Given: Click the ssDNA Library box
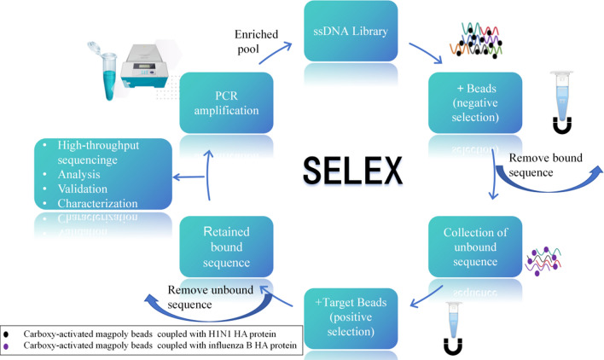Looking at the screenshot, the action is [351, 31].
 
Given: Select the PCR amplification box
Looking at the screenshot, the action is [227, 103].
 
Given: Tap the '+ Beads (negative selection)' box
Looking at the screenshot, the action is [475, 103].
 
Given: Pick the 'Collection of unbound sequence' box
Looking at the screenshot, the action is [475, 247].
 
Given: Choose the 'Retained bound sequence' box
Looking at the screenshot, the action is [227, 247].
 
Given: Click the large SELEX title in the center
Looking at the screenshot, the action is [352, 171].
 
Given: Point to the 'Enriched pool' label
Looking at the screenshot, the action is [256, 42].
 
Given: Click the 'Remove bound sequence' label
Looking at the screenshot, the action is [545, 165].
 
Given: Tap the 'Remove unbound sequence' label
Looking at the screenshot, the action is [211, 297].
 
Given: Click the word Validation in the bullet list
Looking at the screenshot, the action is [83, 189].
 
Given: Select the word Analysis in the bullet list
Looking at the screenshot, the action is [78, 174].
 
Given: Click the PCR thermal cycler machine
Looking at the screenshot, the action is [145, 66].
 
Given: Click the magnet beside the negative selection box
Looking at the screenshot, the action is [562, 125].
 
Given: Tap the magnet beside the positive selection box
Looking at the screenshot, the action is [453, 345].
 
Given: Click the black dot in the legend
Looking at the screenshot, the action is [6, 334].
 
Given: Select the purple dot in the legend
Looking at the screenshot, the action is [6, 346].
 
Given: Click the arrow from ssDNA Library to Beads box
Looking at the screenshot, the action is [426, 53].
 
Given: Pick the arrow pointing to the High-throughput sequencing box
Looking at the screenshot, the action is [189, 177].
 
